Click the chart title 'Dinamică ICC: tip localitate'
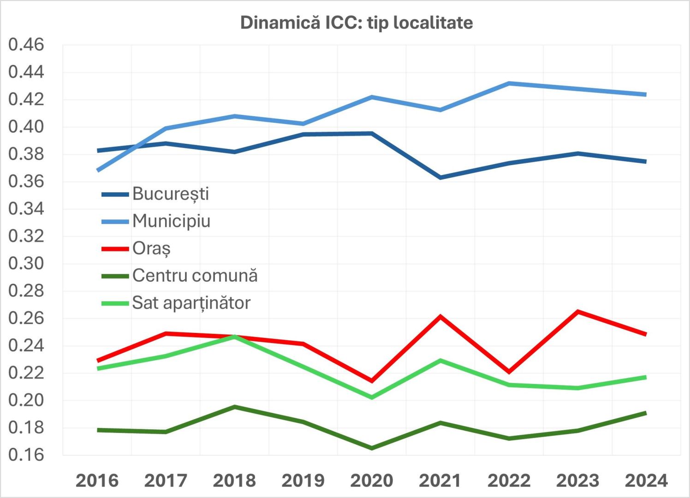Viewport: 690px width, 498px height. pos(356,23)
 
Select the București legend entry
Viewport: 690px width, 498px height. pos(170,194)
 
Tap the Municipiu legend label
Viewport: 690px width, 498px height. pos(171,221)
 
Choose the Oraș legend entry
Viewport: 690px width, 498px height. pos(151,248)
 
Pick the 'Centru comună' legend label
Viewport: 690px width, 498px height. pos(195,275)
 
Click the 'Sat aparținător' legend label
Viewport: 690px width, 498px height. pos(191,302)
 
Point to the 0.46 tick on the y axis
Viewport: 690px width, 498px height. pos(26,45)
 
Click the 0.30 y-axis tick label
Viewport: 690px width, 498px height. pos(26,263)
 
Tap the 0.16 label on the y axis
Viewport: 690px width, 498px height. pos(26,455)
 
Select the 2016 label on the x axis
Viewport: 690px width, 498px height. pos(97,480)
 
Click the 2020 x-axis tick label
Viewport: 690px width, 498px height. pos(372,480)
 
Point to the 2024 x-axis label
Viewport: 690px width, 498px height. pos(646,480)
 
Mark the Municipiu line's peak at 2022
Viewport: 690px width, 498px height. pos(509,83)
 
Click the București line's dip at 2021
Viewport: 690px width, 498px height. pos(440,178)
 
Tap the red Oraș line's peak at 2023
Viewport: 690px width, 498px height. pos(577,312)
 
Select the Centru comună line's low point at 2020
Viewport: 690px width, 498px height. pos(372,448)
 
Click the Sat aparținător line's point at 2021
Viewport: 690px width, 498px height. pos(440,361)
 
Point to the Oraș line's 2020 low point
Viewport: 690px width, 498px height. pos(372,381)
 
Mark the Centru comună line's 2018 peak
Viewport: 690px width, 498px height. pos(234,407)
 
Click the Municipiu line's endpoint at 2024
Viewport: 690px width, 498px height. pos(645,95)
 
